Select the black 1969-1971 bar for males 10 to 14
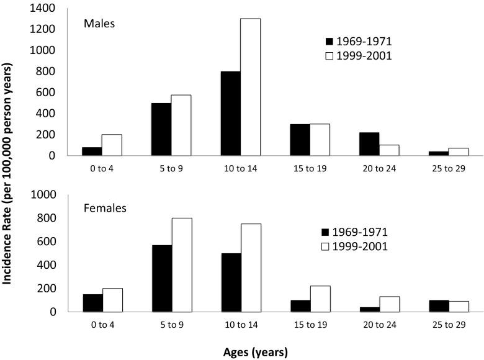(231, 114)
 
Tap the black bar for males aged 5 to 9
(161, 129)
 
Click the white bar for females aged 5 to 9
(182, 265)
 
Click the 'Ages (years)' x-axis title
(256, 352)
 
